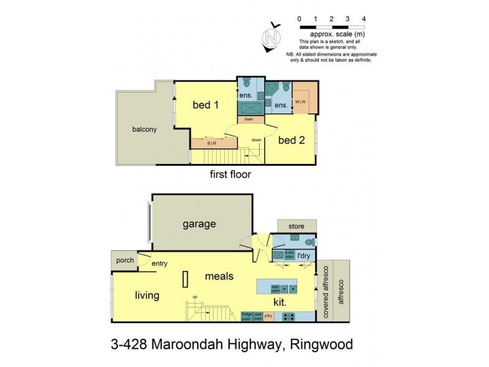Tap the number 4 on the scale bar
coord(364,19)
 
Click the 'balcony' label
coord(144,129)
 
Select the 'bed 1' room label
coord(205,105)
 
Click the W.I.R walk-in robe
coord(303,100)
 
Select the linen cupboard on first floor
coord(249,119)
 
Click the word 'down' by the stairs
coord(256,140)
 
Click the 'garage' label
coord(199,224)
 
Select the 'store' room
coord(296,226)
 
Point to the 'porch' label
coord(125,260)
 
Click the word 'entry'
coord(160,264)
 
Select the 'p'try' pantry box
coord(269,316)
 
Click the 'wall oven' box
coord(259,316)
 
